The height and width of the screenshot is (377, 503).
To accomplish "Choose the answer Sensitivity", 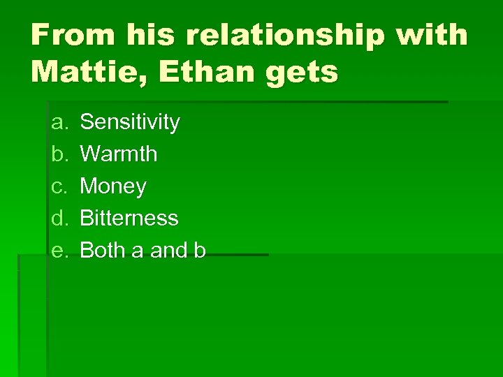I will (130, 123).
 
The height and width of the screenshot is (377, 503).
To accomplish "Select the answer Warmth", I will (119, 154).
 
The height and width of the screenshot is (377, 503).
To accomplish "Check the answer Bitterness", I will (129, 219).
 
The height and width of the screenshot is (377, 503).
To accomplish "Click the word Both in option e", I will (102, 251).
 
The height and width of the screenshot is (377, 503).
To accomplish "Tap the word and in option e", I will (168, 251).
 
